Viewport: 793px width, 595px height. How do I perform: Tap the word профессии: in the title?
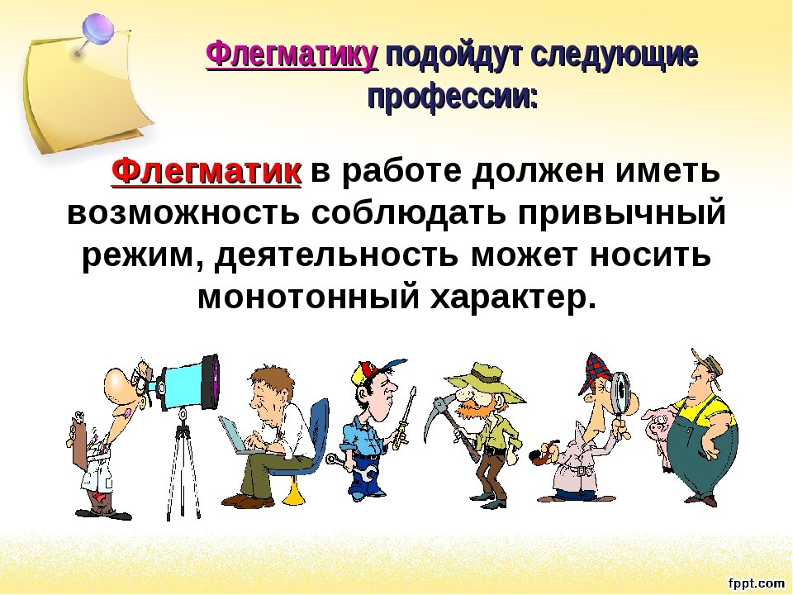click(x=452, y=98)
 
